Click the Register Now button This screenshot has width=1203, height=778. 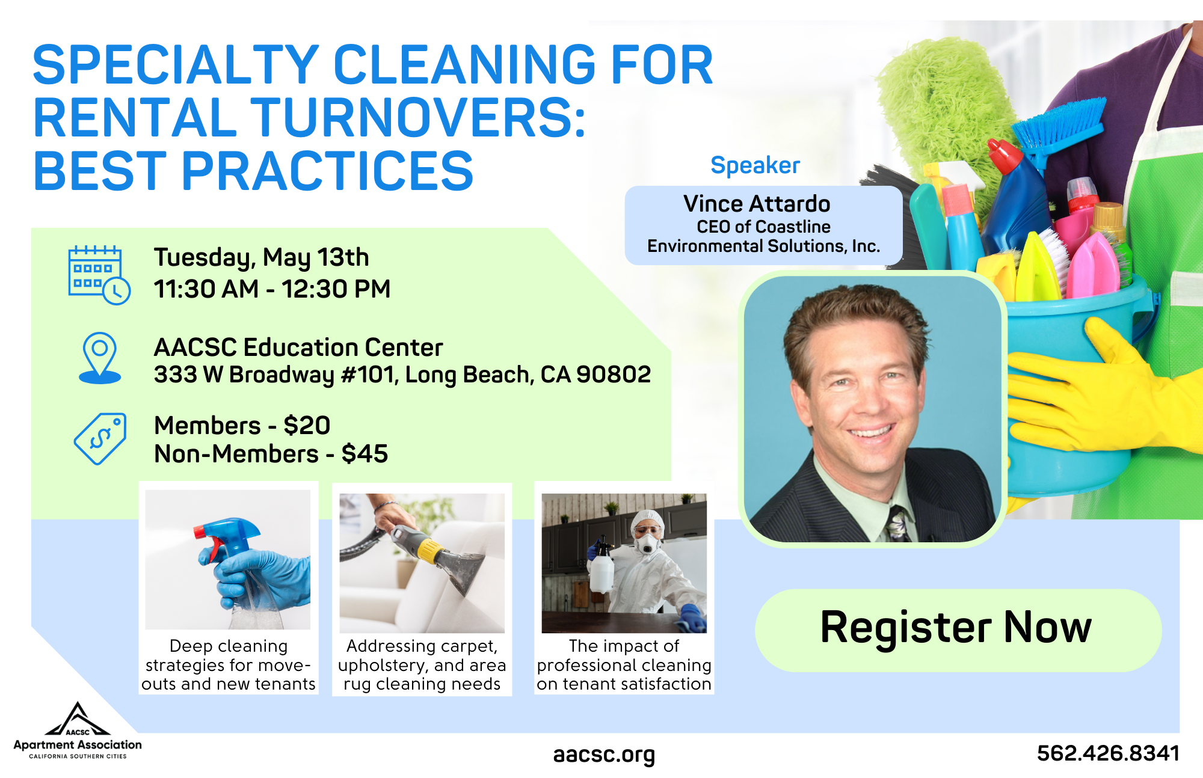click(958, 629)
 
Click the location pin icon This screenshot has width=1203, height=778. click(100, 358)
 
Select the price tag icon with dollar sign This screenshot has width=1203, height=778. click(100, 438)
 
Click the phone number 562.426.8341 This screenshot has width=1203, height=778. click(1108, 753)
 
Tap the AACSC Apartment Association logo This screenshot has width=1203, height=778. click(78, 731)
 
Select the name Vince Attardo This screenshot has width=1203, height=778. click(757, 204)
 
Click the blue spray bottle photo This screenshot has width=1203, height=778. click(228, 560)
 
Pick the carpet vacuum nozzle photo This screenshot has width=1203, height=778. click(422, 563)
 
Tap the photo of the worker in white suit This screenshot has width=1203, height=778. click(624, 563)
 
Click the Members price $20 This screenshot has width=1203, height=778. click(307, 426)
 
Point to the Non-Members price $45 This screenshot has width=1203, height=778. click(365, 454)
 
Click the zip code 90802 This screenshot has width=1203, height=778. click(614, 375)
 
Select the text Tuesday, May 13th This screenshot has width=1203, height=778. click(261, 257)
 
